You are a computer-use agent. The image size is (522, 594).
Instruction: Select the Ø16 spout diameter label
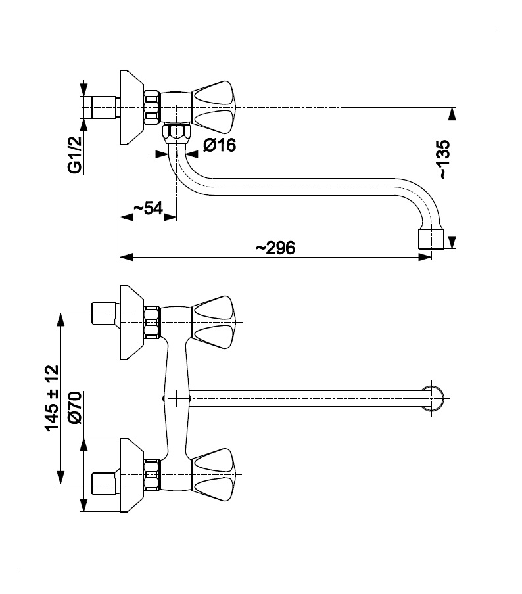click(220, 146)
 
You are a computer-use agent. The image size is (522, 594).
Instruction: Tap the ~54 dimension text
click(148, 208)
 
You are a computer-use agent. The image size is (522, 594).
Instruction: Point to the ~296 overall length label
click(275, 248)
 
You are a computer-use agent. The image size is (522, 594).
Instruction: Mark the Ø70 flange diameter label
click(73, 407)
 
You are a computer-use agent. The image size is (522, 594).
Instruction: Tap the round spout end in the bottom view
click(434, 398)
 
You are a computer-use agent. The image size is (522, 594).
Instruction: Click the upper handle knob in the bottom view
click(213, 322)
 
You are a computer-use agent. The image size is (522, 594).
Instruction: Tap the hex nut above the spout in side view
click(176, 131)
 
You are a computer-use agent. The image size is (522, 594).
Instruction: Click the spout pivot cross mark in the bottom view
click(177, 398)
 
